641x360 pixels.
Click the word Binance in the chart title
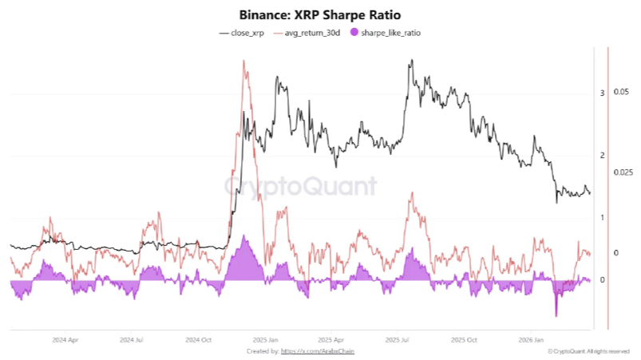click(263, 15)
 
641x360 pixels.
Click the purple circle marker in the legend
click(354, 33)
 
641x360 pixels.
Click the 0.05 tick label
click(621, 92)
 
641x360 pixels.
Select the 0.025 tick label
click(623, 172)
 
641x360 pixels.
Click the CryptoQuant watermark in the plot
click(299, 187)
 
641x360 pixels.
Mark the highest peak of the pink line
click(243, 61)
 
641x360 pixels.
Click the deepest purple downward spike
click(556, 315)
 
